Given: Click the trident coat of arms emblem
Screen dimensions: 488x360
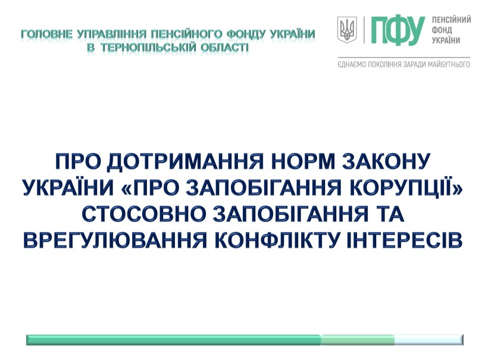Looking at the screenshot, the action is click(347, 30).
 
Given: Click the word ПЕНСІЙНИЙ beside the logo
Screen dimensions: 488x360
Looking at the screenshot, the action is click(451, 20).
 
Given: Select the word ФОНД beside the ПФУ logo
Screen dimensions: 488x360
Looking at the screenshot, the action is click(442, 30).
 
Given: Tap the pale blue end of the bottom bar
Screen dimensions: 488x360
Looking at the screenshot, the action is click(429, 340).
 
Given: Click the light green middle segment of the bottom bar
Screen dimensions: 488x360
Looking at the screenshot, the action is click(358, 340).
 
